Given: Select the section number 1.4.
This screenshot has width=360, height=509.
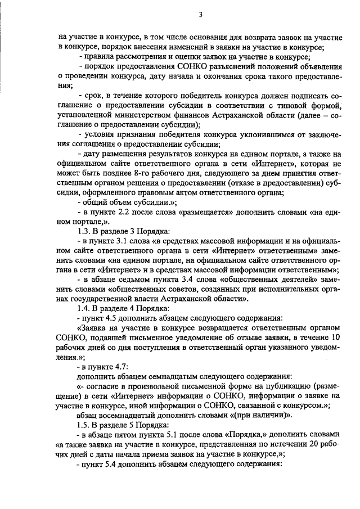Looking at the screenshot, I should point(84,308).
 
